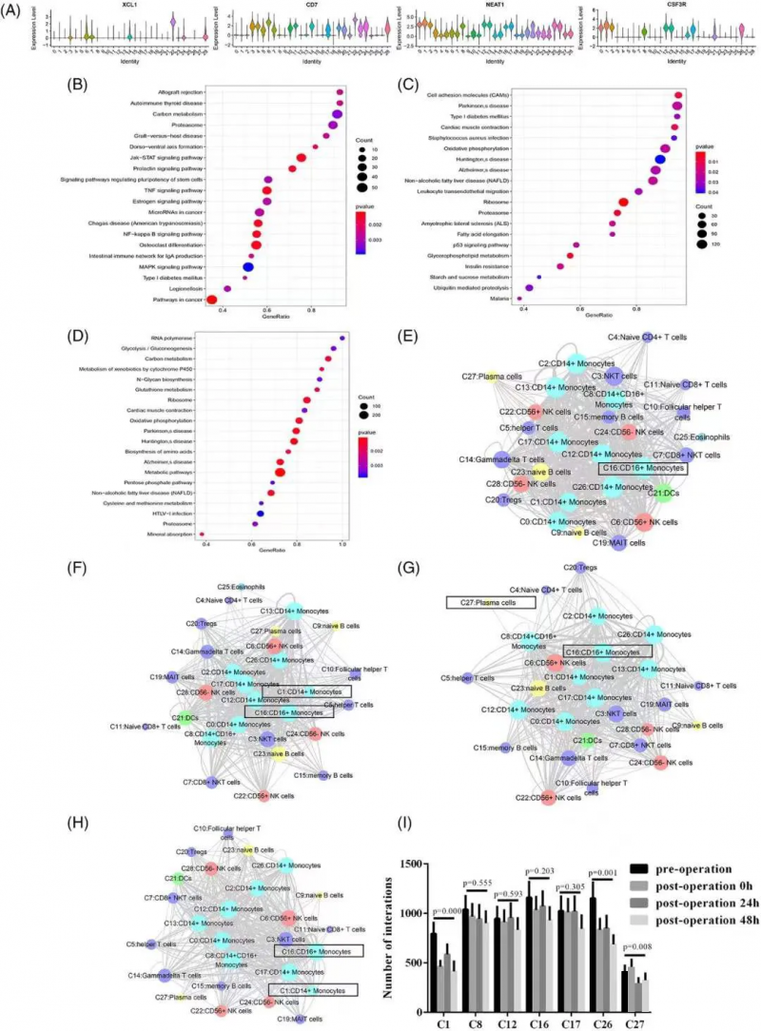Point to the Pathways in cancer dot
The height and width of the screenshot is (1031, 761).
[212, 300]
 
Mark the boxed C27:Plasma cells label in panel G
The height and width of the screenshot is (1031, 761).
[482, 603]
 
